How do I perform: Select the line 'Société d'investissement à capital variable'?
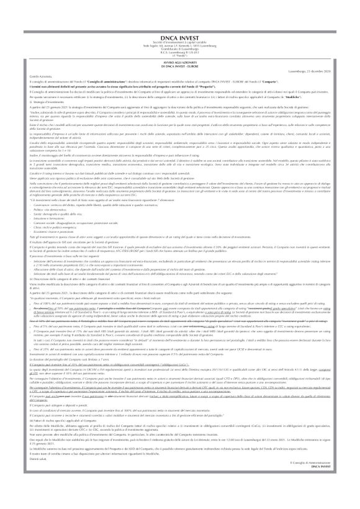(x=180, y=26)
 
